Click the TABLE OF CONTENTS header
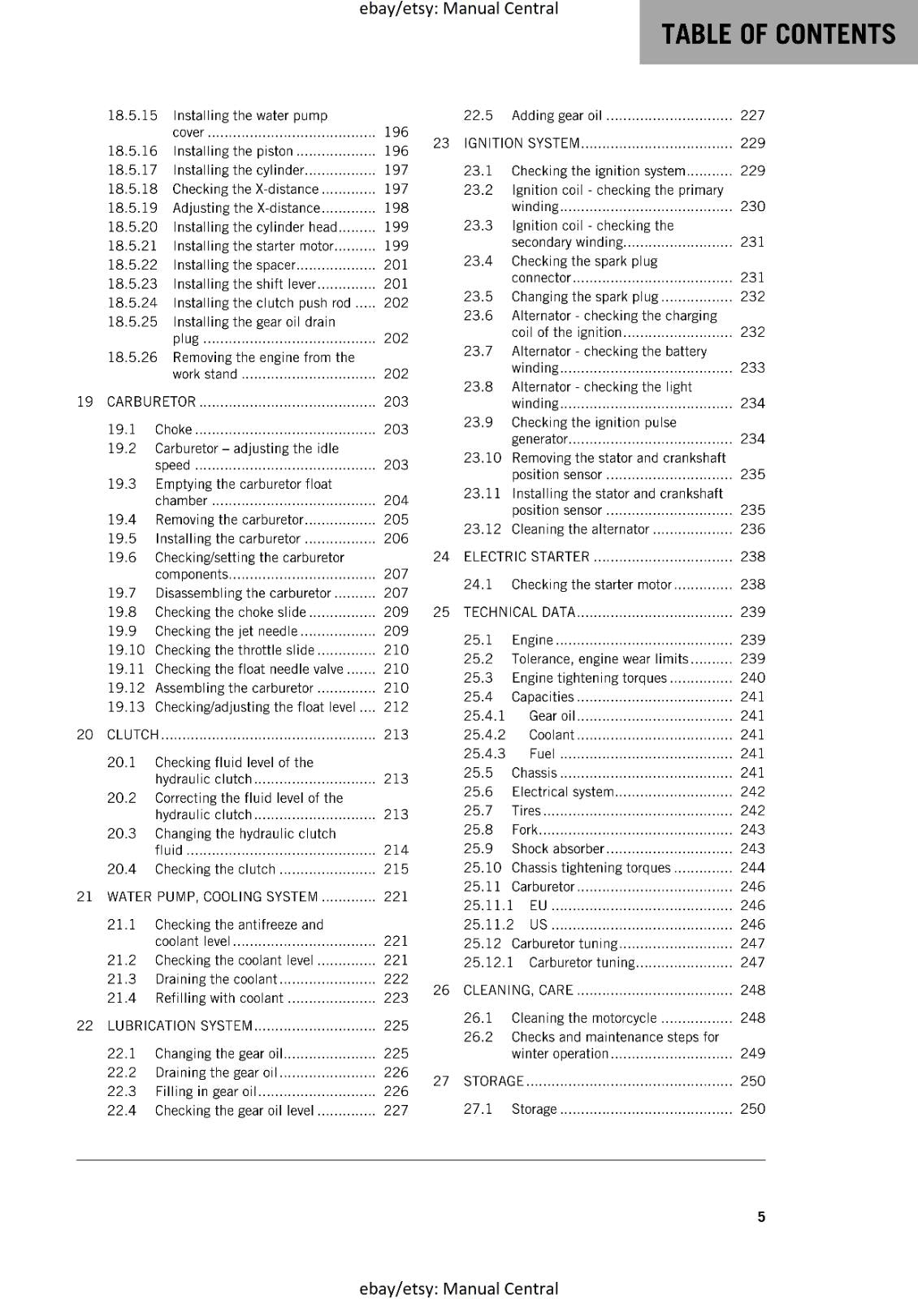[777, 33]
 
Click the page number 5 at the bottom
[761, 1216]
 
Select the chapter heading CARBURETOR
[151, 402]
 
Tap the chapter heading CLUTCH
[132, 735]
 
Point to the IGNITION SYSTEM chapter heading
[521, 144]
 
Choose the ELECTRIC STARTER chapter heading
[526, 557]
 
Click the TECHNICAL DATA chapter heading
[518, 612]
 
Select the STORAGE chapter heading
[493, 1081]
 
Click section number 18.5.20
[132, 227]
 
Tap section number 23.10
[483, 458]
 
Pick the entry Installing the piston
[232, 151]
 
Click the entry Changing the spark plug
[584, 297]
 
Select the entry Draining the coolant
[215, 979]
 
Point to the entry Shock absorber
[557, 848]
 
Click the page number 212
[396, 707]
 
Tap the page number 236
[752, 529]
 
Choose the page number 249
[752, 1054]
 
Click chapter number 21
[84, 897]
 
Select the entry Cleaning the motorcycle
[583, 1018]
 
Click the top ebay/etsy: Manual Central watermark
[458, 9]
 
